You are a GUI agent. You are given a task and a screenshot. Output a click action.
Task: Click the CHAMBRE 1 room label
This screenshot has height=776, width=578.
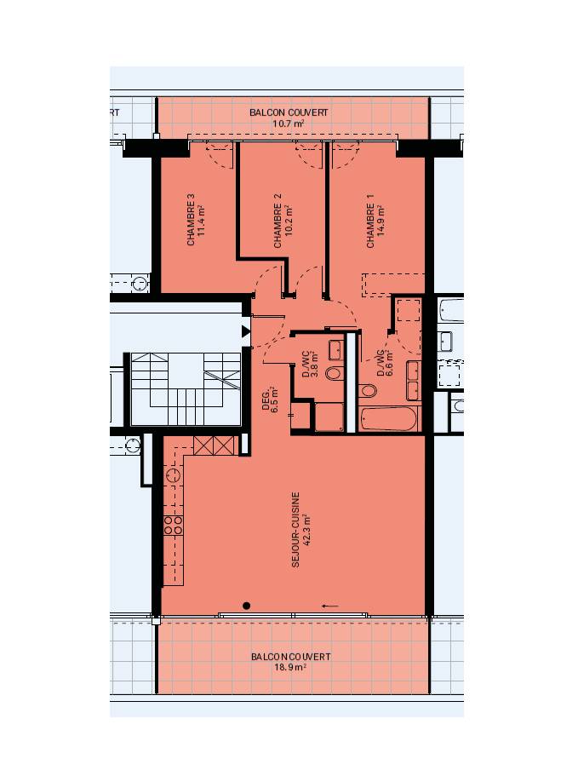370,221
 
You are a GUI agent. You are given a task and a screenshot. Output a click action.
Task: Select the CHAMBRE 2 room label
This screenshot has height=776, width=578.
278,221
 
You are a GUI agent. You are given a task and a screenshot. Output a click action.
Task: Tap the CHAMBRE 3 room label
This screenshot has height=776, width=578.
191,220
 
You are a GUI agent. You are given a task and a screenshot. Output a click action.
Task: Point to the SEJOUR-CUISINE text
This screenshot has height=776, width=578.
295,530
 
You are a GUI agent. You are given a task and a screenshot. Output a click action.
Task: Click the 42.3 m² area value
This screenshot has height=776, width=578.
307,531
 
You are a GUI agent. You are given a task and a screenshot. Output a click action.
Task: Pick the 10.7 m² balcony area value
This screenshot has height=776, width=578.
289,124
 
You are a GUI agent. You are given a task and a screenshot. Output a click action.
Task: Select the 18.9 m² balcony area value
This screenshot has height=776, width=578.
290,667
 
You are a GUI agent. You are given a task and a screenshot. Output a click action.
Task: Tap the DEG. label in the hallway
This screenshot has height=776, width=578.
266,401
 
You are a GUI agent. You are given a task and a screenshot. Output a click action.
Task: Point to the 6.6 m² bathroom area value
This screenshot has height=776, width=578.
389,363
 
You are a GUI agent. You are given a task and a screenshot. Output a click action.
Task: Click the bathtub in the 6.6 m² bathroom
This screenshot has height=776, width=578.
390,419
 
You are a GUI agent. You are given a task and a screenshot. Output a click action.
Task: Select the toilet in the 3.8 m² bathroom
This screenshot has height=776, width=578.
334,372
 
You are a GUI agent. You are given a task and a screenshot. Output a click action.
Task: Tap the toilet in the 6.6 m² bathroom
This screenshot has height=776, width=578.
368,390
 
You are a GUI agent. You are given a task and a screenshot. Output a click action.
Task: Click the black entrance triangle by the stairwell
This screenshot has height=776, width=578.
246,331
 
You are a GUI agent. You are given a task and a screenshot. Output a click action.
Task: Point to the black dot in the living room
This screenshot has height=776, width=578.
247,606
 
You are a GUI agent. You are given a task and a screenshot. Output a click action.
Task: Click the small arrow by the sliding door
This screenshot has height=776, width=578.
330,606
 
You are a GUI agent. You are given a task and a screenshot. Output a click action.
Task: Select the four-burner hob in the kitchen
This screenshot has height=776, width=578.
173,525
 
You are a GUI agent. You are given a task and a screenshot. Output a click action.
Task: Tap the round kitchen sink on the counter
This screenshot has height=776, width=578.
174,476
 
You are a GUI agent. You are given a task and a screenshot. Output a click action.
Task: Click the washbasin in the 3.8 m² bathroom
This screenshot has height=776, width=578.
335,350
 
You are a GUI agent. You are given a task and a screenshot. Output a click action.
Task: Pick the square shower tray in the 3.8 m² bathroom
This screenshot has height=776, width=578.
329,417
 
